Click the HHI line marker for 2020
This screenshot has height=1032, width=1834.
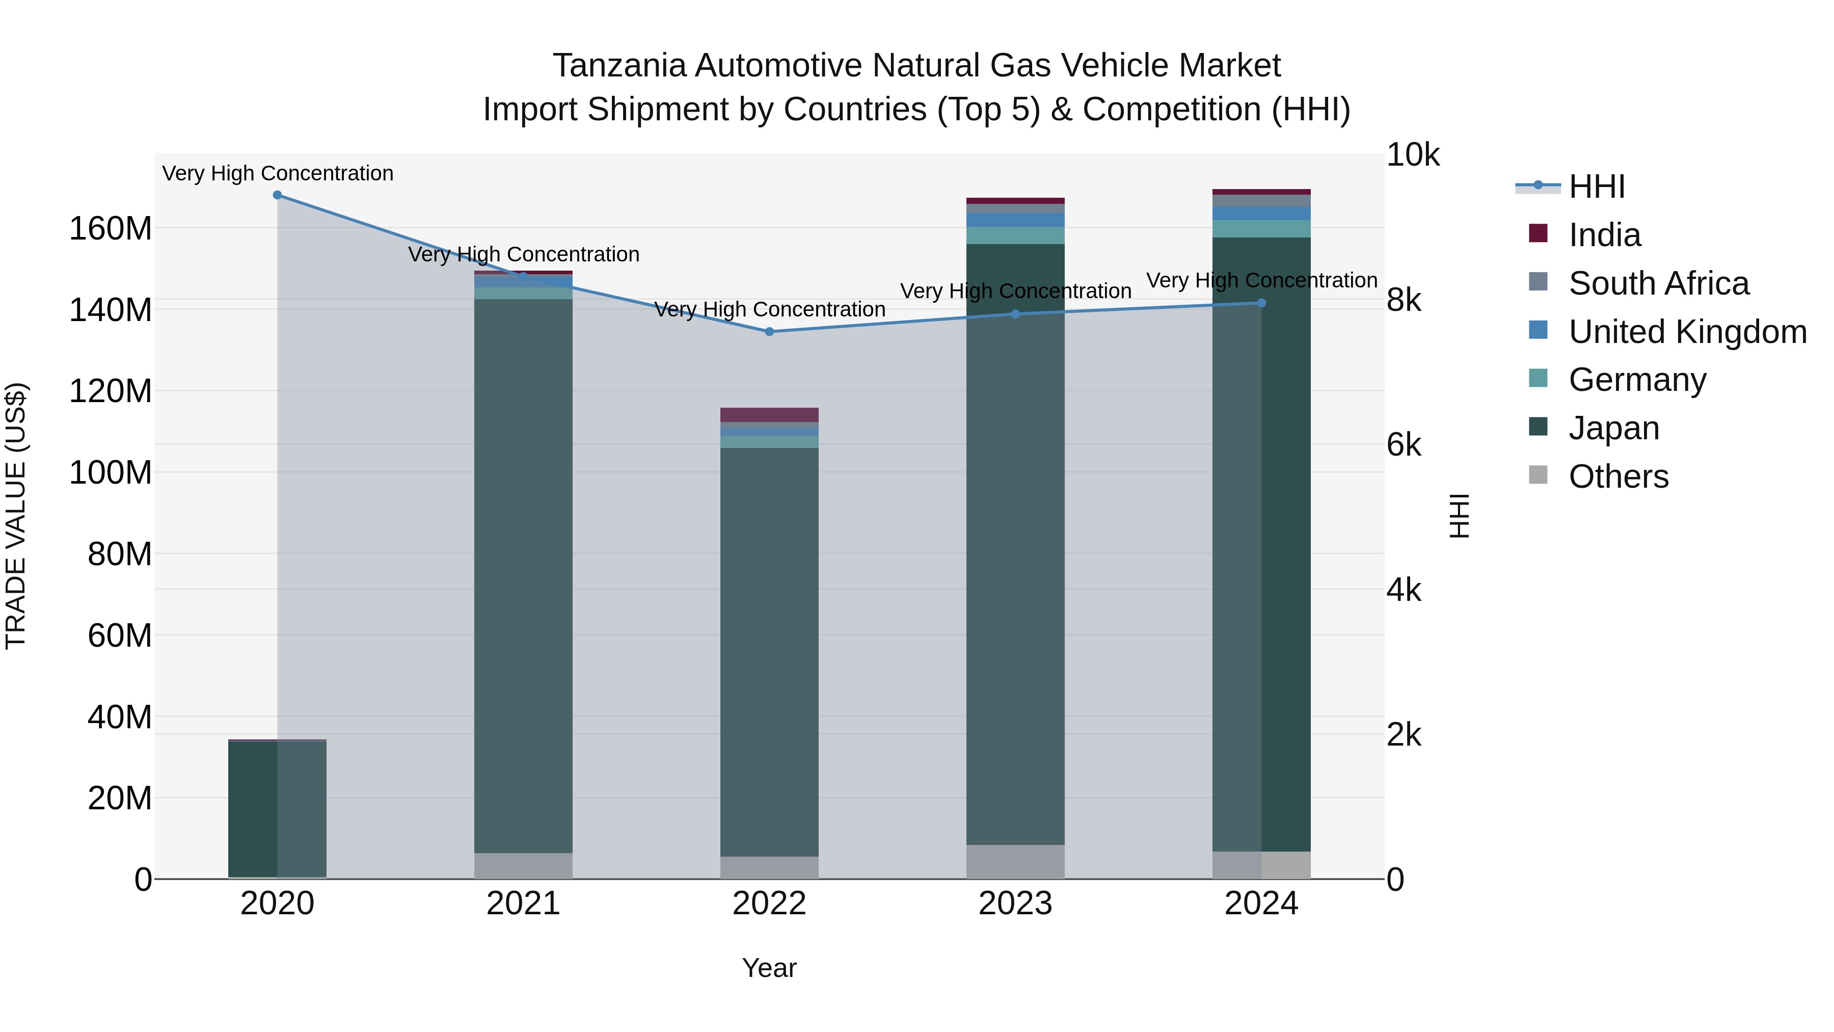tap(278, 195)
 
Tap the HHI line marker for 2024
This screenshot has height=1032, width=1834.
tap(1261, 303)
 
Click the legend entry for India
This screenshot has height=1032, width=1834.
tap(1604, 235)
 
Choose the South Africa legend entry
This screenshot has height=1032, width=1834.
tap(1658, 283)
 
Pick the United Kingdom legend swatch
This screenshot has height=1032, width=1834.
tap(1539, 330)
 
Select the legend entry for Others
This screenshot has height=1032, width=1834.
tap(1619, 477)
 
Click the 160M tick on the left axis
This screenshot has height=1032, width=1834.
tap(111, 229)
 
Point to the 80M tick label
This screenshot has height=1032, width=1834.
tap(120, 554)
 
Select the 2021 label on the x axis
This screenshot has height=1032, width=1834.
tap(523, 904)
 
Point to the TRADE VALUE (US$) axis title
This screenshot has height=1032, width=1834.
tap(16, 516)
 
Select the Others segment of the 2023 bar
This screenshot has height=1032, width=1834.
tap(1015, 862)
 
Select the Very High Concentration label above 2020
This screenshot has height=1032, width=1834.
tap(278, 174)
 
